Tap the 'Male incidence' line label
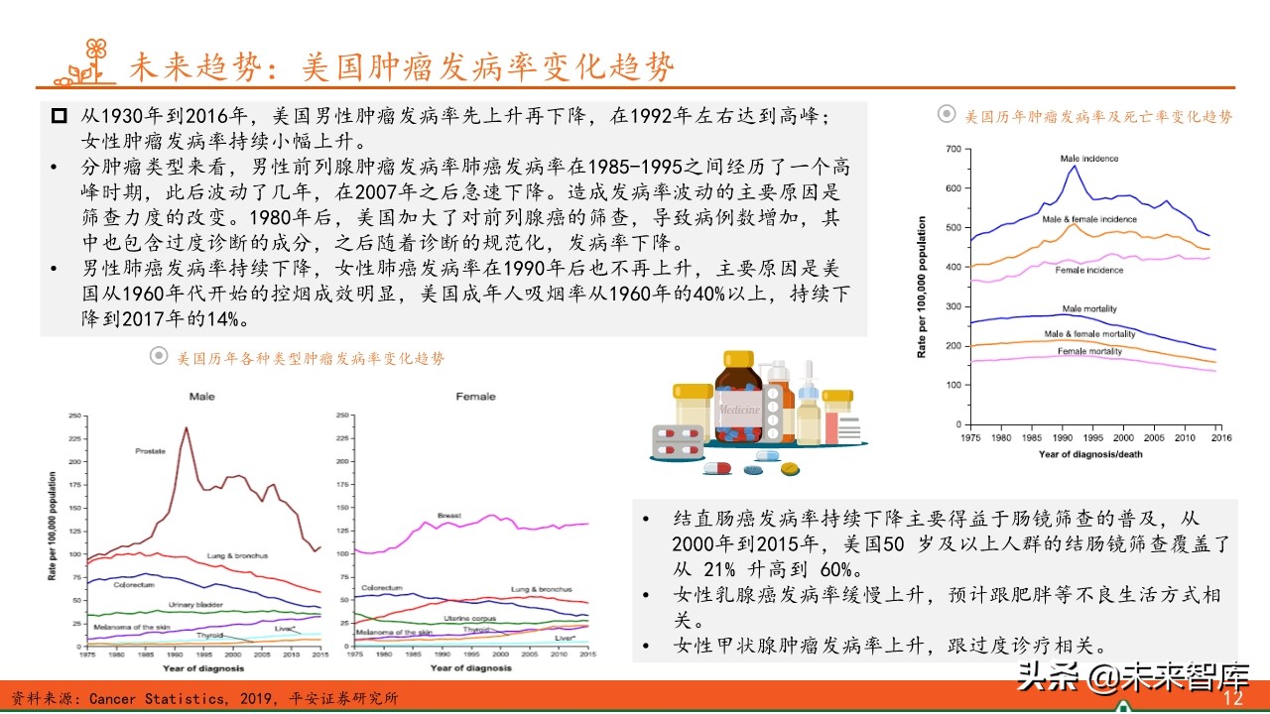point(1088,159)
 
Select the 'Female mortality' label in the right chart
point(1089,352)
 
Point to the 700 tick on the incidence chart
point(952,149)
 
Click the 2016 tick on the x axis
point(1220,437)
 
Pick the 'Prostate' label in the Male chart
point(151,451)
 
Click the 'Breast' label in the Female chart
point(449,516)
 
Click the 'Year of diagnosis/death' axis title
point(1088,454)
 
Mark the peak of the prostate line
point(186,427)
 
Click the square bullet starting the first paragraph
point(59,116)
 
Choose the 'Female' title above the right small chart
point(475,397)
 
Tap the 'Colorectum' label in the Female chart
point(381,588)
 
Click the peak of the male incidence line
point(1074,166)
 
